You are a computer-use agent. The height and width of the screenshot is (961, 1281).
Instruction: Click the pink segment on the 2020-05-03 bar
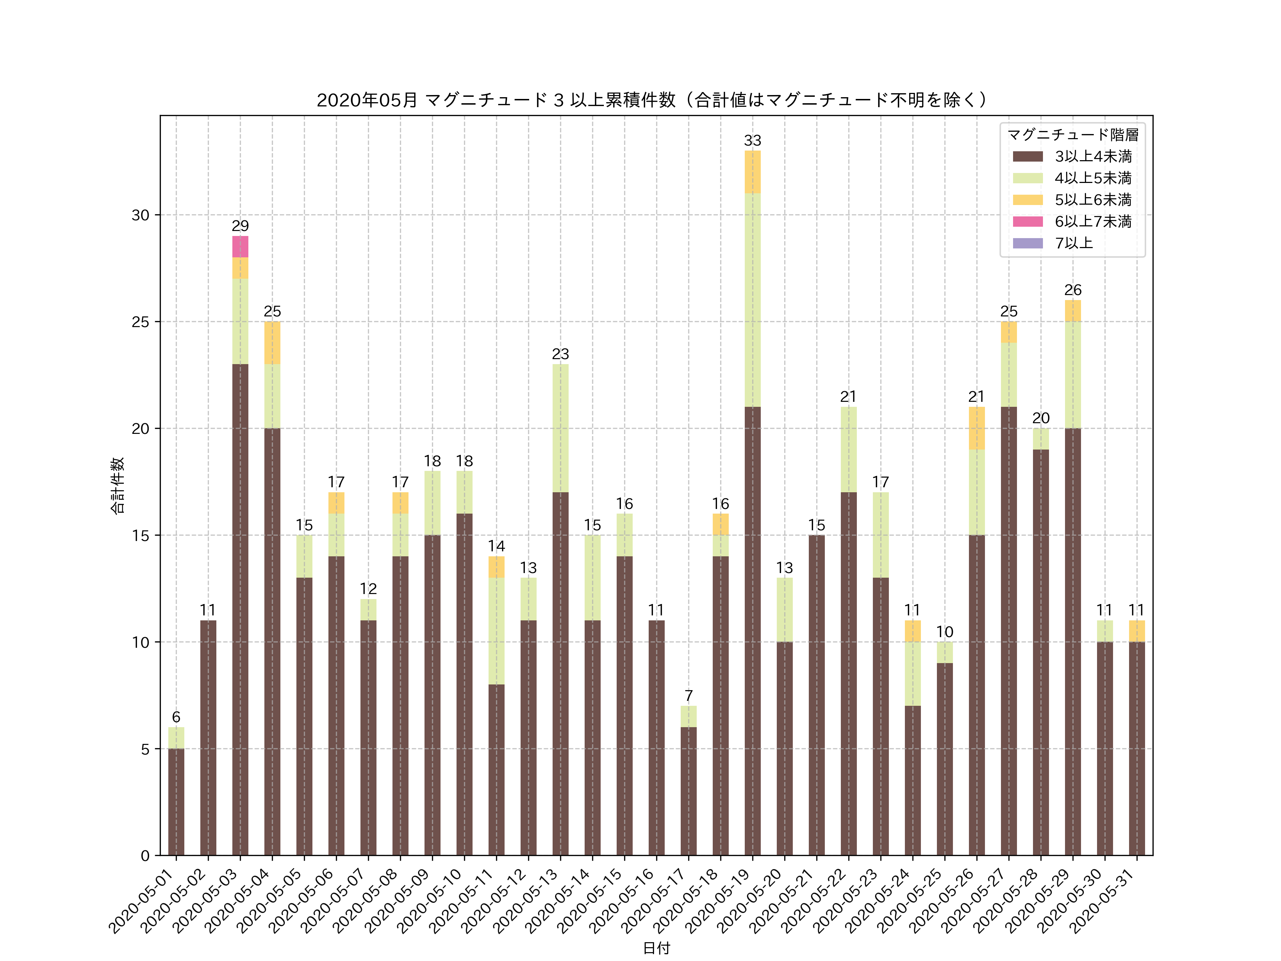(x=240, y=247)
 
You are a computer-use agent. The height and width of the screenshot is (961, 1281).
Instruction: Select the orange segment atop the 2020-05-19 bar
(x=752, y=172)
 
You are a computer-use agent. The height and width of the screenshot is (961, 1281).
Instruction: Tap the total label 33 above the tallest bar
(x=752, y=141)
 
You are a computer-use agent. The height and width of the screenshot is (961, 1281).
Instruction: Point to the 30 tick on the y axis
(x=141, y=215)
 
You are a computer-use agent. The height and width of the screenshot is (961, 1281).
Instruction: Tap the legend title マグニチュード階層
(x=1072, y=135)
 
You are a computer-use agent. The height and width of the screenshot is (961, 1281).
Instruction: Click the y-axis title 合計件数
(x=117, y=485)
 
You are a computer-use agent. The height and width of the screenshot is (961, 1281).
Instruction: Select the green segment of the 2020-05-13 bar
(x=560, y=428)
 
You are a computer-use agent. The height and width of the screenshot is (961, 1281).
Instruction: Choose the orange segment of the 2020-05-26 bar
(x=976, y=428)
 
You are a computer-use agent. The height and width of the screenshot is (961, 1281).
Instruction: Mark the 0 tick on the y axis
(x=145, y=856)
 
